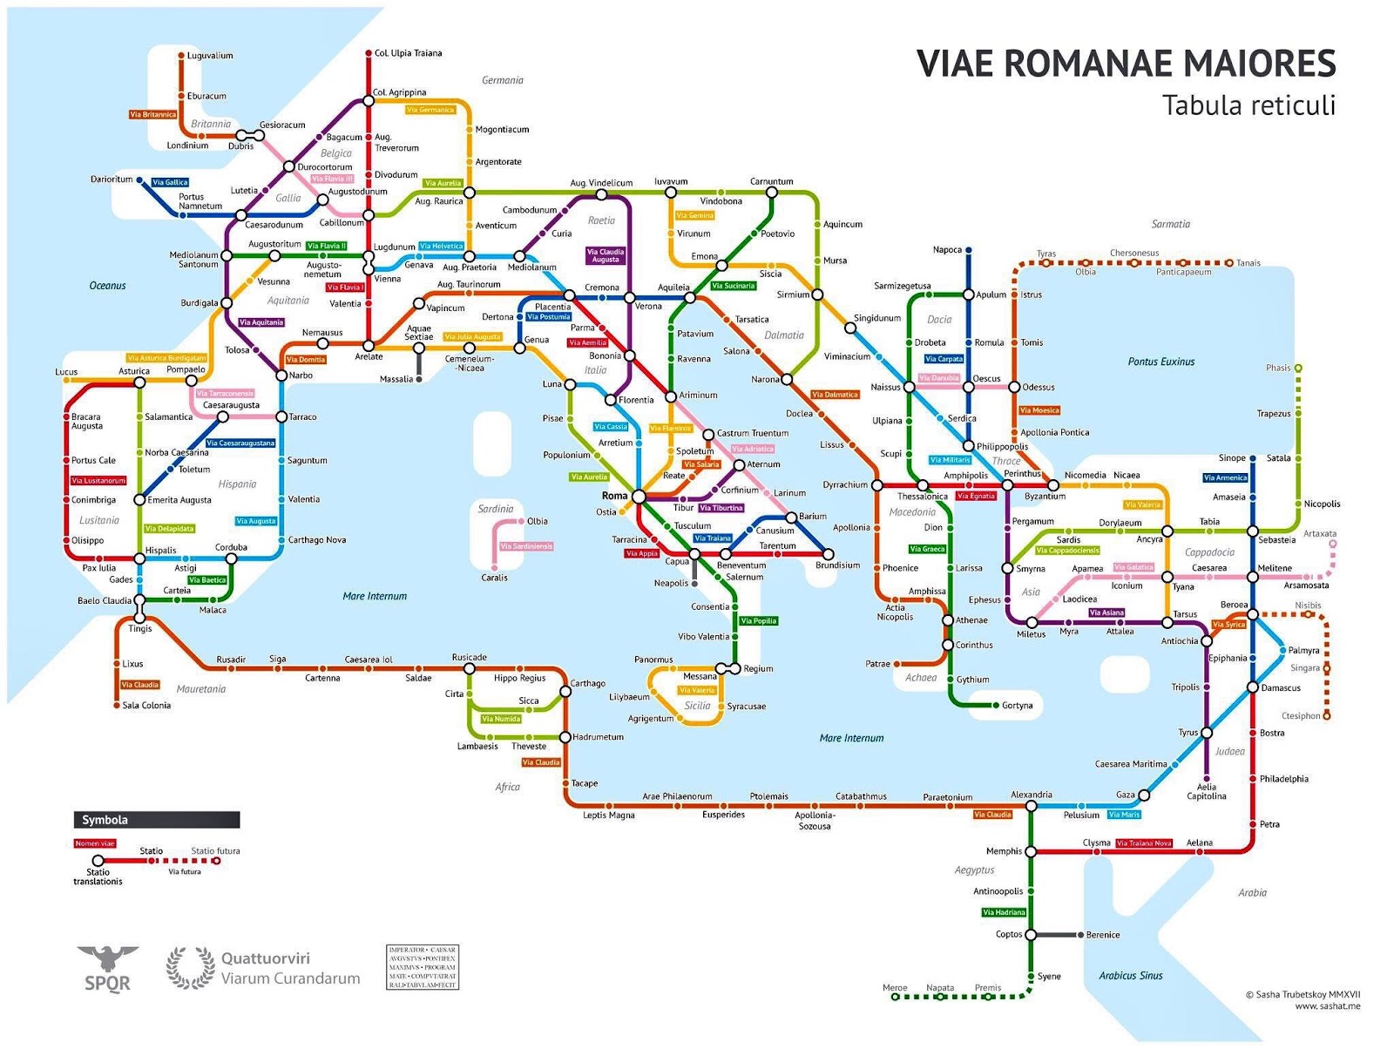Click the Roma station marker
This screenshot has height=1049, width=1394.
pos(639,497)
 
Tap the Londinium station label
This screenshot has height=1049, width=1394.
pos(187,146)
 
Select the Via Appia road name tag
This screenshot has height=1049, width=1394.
pos(642,553)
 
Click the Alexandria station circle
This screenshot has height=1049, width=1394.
pos(1031,806)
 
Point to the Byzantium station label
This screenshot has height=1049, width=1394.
pos(1045,497)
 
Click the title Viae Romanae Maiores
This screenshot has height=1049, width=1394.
pos(1126,64)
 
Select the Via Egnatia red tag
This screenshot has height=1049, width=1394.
pos(975,496)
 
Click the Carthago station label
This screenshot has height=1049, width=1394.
pos(588,683)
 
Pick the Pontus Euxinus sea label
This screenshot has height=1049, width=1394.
pos(1161,362)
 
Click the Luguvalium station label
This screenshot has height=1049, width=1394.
pos(210,56)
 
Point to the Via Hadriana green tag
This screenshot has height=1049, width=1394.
pos(1004,912)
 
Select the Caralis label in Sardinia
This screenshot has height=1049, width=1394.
pos(494,578)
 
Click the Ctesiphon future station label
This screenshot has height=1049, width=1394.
pos(1301,716)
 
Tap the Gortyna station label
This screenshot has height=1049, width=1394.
pos(1017,706)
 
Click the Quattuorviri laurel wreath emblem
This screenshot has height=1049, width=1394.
pos(191,968)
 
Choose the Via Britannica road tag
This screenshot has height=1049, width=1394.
pos(153,114)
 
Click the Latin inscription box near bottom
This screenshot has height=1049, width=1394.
pos(422,967)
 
